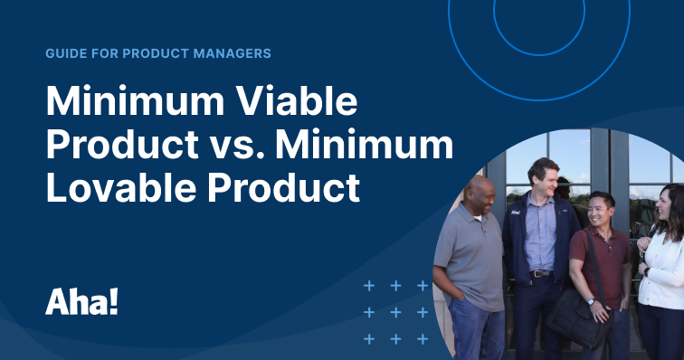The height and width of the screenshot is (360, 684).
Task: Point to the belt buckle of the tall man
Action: point(540,273)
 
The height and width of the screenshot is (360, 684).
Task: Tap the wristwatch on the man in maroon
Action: point(590,301)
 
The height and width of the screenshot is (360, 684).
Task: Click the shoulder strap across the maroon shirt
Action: point(592,262)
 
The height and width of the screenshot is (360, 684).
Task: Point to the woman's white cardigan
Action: point(663,271)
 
